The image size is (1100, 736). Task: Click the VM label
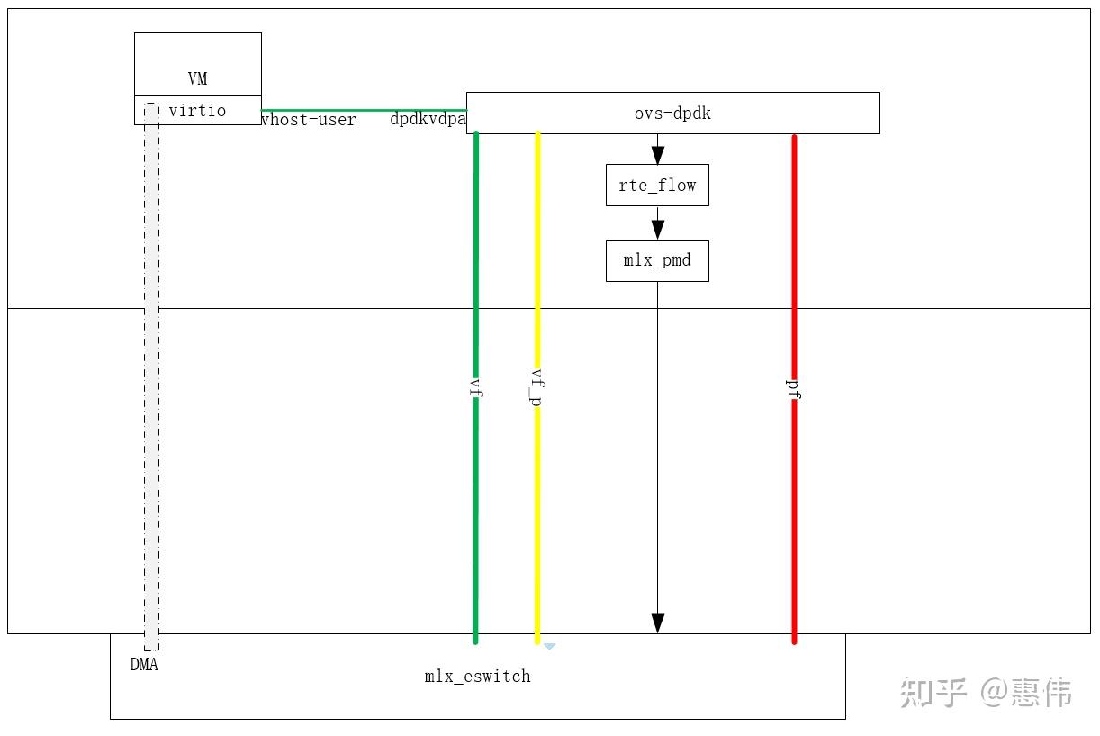[x=198, y=79]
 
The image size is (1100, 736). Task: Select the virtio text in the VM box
[x=197, y=111]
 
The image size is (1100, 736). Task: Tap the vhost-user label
[x=309, y=120]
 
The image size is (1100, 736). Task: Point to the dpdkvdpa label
[x=428, y=119]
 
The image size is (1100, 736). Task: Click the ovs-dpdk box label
[x=672, y=114]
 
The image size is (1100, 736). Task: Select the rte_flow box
[x=657, y=186]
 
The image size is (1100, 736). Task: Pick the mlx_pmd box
[x=657, y=261]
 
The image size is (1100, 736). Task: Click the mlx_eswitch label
[x=477, y=677]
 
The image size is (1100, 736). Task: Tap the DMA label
[x=144, y=666]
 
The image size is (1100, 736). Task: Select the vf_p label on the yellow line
[x=537, y=386]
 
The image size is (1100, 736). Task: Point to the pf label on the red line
[x=794, y=388]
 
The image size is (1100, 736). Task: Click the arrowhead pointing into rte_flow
[x=658, y=154]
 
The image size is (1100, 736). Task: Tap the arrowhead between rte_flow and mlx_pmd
[x=658, y=229]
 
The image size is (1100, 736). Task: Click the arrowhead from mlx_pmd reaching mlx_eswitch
[x=658, y=622]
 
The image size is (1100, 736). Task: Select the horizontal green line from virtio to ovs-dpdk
[x=364, y=110]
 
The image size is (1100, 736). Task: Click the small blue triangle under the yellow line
[x=549, y=646]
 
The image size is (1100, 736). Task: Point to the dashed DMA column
[x=151, y=378]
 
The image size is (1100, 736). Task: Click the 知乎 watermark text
[x=934, y=693]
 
